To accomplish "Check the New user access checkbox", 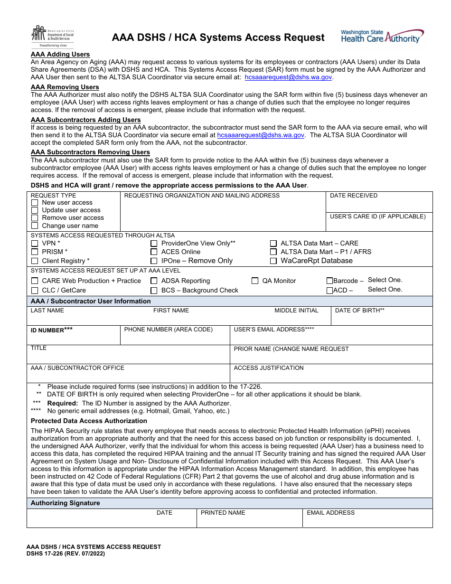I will [x=35, y=203].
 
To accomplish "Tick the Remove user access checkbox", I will [x=35, y=218].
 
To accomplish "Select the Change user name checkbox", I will [x=35, y=226].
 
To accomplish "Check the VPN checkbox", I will [x=35, y=244].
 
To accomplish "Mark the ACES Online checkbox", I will [x=154, y=252].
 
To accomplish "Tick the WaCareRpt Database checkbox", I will [x=273, y=261].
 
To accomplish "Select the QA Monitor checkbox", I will [x=255, y=281].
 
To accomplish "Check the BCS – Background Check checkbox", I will [x=154, y=291].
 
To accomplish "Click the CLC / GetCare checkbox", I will [x=35, y=291].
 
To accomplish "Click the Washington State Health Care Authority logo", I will [x=382, y=37].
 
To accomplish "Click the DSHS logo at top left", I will [x=52, y=36].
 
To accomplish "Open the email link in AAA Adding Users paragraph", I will [x=288, y=77].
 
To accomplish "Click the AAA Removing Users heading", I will [x=65, y=87].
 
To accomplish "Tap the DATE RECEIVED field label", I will [x=354, y=196].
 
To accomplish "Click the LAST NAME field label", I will [x=47, y=311].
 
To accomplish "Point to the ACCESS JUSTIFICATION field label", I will [x=269, y=368].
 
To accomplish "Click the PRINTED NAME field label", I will [x=223, y=513].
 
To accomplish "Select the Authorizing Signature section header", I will [x=66, y=503].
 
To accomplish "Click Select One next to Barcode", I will [x=385, y=280].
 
